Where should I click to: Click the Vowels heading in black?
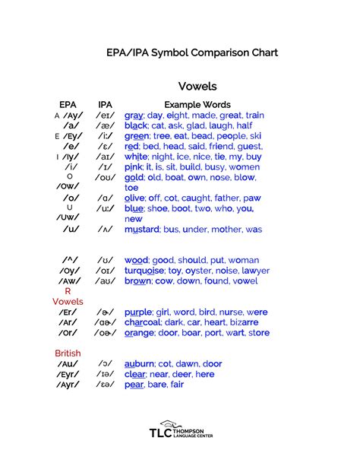(197, 86)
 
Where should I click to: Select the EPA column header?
(68, 104)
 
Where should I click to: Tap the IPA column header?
(105, 104)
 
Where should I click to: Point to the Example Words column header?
(197, 104)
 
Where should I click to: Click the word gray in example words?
(134, 115)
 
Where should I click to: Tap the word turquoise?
(144, 270)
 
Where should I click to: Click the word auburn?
(141, 363)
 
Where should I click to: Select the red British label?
(68, 353)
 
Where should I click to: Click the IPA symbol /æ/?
(105, 125)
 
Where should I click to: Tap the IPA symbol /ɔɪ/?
(105, 270)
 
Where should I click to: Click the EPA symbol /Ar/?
(69, 322)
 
